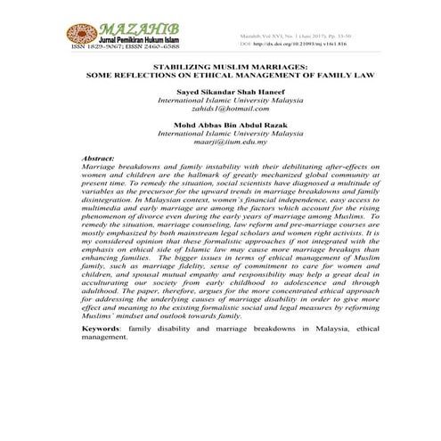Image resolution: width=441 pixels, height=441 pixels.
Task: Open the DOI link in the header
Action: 293,44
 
